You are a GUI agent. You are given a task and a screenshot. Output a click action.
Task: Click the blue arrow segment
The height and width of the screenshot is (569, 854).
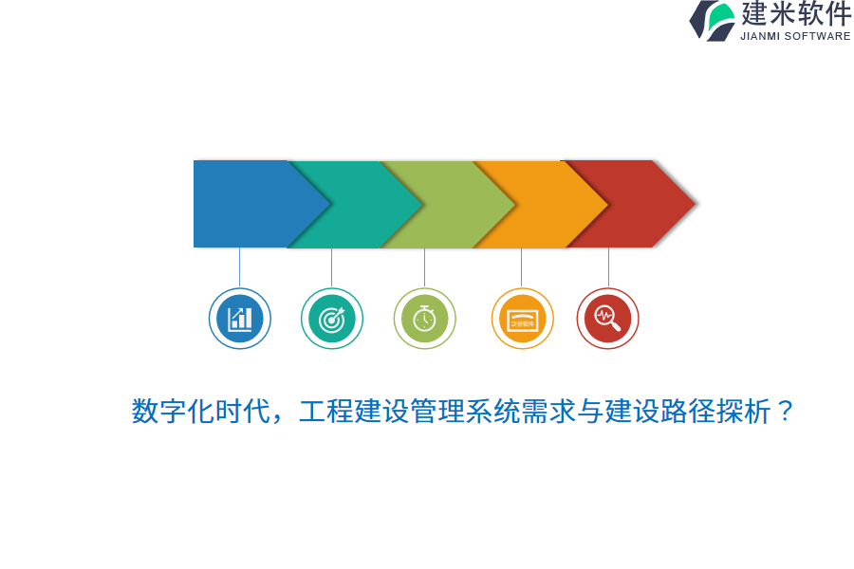(x=242, y=204)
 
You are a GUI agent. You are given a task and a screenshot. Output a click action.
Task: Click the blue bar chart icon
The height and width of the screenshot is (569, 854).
(x=240, y=319)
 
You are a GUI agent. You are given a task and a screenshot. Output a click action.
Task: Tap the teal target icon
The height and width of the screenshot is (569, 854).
(x=332, y=319)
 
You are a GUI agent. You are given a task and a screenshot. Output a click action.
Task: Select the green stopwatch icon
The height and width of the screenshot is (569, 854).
(x=424, y=319)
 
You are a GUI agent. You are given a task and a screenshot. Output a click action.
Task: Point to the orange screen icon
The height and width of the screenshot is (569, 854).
(x=522, y=319)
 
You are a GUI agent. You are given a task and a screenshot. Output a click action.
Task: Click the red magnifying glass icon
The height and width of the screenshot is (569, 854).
(x=608, y=319)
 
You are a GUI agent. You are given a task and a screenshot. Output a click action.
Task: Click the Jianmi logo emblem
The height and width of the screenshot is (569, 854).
(x=712, y=20)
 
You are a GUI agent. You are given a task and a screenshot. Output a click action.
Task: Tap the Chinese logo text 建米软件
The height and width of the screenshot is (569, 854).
(x=796, y=14)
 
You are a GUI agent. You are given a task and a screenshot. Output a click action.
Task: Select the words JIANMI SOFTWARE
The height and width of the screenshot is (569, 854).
(x=795, y=36)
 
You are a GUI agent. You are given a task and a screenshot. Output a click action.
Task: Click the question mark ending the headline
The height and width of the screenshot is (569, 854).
(x=785, y=412)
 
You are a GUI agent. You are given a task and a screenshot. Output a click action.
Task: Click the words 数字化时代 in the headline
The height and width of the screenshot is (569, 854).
(x=194, y=412)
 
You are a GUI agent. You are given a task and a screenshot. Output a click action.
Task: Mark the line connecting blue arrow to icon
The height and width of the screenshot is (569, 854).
(x=239, y=267)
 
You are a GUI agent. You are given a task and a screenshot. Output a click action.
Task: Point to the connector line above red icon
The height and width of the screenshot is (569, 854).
(x=608, y=267)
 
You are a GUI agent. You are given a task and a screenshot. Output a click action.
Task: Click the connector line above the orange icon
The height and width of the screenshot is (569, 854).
(x=521, y=267)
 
